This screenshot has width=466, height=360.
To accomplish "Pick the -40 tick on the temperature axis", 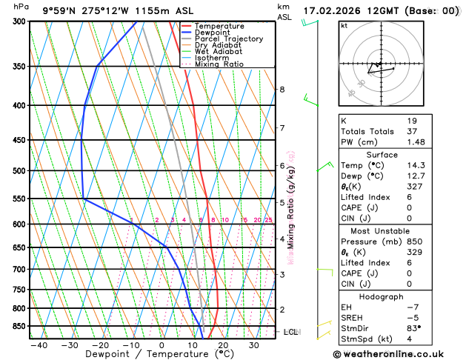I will (x=39, y=345).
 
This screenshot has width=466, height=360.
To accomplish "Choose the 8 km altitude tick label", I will (x=282, y=90).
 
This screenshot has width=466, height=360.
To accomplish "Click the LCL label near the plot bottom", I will (x=291, y=332).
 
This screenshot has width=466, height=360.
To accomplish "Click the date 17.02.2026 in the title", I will (x=335, y=10).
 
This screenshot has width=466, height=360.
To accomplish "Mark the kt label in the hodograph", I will (x=344, y=25).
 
